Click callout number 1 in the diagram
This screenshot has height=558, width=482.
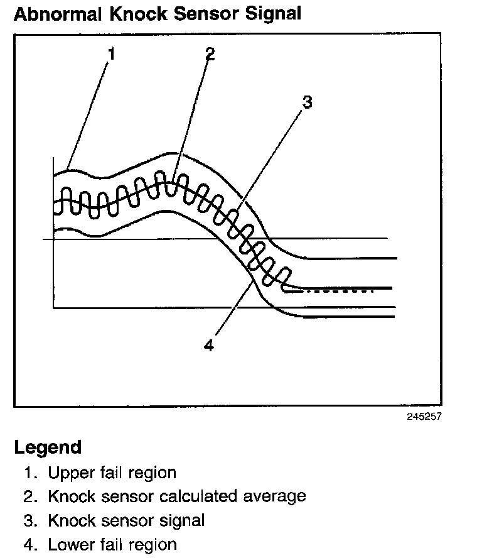tap(112, 54)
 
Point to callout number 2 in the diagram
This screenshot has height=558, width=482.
tap(210, 53)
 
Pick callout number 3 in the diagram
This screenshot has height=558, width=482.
tap(307, 102)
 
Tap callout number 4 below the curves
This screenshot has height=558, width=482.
tap(209, 345)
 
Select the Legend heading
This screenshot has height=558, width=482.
tap(48, 447)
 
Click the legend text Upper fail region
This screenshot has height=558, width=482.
tap(112, 473)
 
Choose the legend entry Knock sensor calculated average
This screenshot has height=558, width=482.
tap(176, 496)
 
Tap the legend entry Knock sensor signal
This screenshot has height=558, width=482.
tap(126, 520)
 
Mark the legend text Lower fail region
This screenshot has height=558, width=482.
tap(112, 544)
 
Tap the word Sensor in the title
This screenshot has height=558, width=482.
tap(201, 13)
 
